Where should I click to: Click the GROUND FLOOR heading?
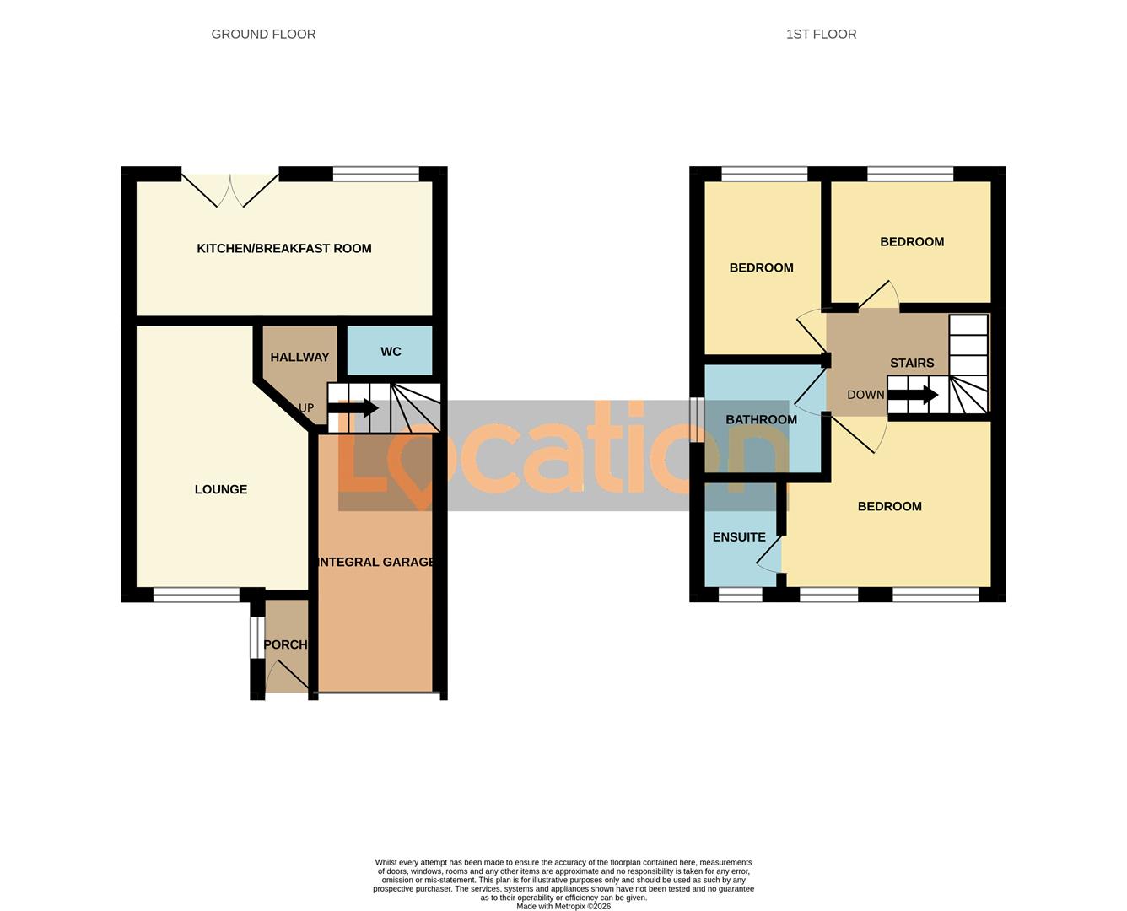(x=263, y=35)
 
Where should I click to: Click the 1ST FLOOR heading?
(x=821, y=35)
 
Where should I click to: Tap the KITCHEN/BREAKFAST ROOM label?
(x=284, y=249)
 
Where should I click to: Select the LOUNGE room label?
(x=221, y=489)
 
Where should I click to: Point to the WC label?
(x=391, y=352)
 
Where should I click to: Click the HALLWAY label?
(x=299, y=358)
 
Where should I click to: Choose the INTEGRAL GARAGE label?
(x=375, y=562)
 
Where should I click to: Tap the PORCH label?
(x=285, y=644)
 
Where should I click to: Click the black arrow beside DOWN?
(x=913, y=395)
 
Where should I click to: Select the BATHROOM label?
(x=761, y=420)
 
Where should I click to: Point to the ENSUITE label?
(x=739, y=537)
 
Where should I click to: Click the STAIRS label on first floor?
(x=912, y=364)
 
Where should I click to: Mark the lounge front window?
(x=197, y=596)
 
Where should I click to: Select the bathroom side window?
(x=696, y=420)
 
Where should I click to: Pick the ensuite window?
(x=740, y=596)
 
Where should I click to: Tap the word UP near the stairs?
(x=306, y=408)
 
